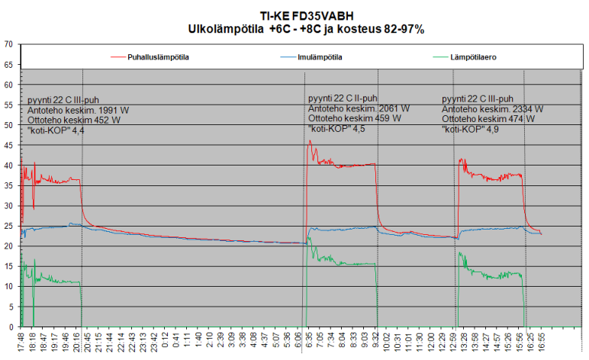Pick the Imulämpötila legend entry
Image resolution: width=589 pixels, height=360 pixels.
click(319, 56)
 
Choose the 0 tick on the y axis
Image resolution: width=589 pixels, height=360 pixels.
click(10, 326)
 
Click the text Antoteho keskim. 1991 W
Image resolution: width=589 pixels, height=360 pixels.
click(78, 111)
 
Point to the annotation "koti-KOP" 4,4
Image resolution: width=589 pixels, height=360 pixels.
click(56, 131)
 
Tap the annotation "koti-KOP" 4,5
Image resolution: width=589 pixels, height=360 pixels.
click(337, 129)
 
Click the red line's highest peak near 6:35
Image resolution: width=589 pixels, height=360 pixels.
click(308, 141)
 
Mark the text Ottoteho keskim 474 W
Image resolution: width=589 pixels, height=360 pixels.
click(486, 119)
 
